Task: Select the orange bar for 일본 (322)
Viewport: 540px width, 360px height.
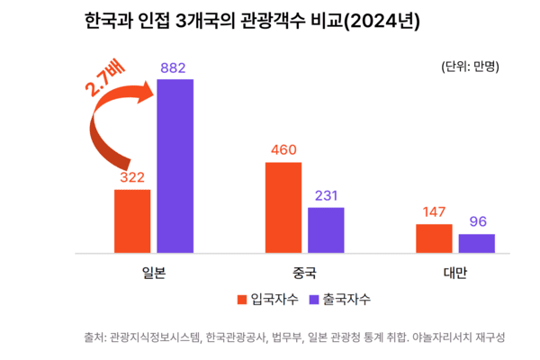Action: (131, 220)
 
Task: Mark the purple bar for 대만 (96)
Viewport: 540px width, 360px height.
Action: (476, 242)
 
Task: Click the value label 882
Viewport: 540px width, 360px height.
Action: (175, 67)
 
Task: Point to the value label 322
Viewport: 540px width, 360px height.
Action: (132, 177)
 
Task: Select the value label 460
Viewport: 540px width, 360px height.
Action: (283, 149)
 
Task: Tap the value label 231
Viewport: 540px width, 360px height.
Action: (326, 194)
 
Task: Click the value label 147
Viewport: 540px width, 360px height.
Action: (433, 211)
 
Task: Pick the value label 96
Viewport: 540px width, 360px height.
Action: (476, 221)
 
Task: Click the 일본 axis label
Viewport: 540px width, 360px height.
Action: (154, 271)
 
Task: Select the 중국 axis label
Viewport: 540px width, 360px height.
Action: (304, 271)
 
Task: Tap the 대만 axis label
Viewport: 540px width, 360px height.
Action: (454, 271)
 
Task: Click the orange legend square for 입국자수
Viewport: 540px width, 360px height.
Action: (241, 299)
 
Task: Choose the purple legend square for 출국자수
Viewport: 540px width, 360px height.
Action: (315, 299)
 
